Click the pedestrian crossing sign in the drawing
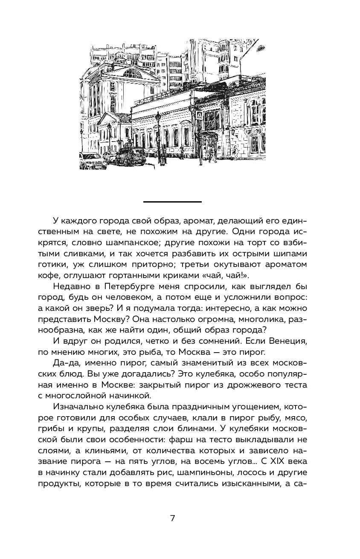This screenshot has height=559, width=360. (199, 115)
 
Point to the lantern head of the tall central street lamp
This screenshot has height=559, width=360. (158, 116)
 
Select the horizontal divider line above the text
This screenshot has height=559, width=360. (172, 201)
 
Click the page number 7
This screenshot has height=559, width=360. (172, 518)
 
